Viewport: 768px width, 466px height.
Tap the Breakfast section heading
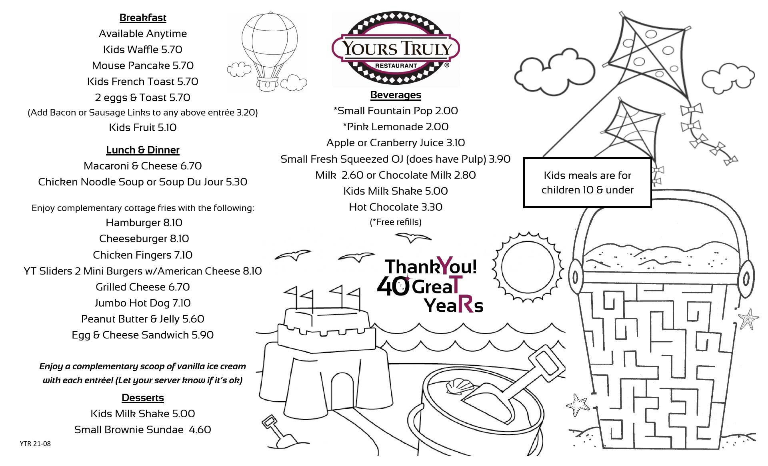[143, 18]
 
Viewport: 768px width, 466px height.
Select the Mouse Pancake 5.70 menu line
[143, 66]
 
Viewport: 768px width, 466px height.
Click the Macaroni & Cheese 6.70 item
[143, 166]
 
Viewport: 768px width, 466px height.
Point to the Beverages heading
[396, 95]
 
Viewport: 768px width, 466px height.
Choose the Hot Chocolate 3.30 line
[396, 207]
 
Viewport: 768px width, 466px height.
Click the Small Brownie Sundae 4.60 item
[143, 430]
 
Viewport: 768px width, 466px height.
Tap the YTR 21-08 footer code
[35, 444]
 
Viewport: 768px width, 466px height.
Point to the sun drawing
[528, 267]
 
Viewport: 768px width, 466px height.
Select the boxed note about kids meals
[587, 183]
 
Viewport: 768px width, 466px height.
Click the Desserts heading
[143, 398]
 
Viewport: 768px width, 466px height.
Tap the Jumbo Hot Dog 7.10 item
[143, 303]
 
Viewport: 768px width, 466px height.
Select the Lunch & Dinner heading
[143, 150]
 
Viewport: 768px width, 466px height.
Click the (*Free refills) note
[396, 222]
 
